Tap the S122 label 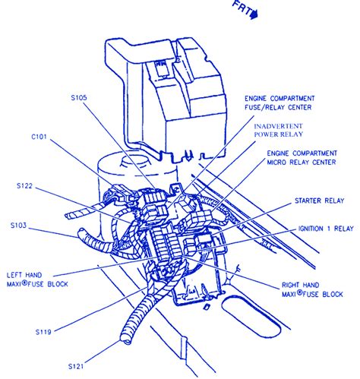(x=25, y=185)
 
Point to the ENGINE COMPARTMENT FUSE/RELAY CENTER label (x=296, y=103)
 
